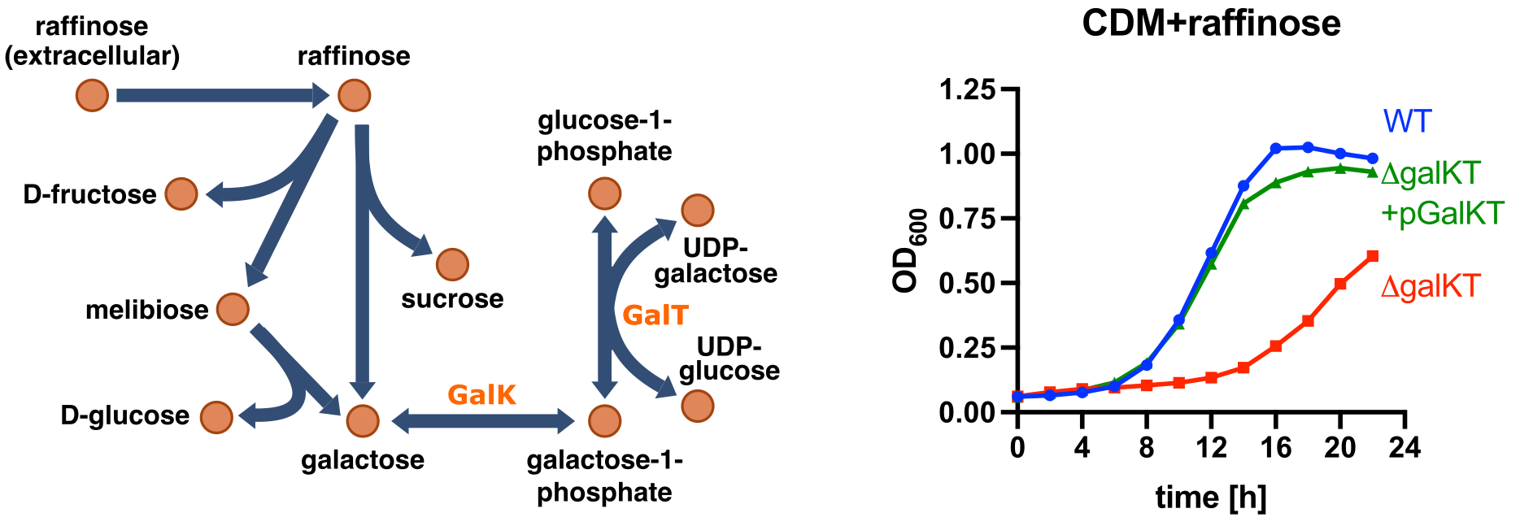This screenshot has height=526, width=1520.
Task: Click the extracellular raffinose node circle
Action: [x=92, y=95]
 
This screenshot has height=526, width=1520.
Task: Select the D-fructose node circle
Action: [x=181, y=194]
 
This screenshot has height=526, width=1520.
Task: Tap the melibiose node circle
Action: [x=233, y=310]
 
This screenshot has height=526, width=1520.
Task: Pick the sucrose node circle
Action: [x=452, y=264]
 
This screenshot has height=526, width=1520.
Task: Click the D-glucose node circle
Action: [x=216, y=417]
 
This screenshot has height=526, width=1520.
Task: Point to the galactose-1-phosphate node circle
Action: [x=604, y=420]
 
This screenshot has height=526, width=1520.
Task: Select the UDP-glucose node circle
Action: [x=697, y=406]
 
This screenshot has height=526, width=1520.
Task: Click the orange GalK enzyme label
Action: [x=481, y=395]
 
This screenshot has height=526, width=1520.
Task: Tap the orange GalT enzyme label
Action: [x=655, y=315]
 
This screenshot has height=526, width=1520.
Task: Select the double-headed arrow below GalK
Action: [x=483, y=421]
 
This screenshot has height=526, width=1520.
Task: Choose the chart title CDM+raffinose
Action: [x=1211, y=23]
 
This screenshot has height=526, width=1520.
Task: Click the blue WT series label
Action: [x=1407, y=122]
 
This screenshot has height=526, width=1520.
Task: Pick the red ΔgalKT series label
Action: [x=1431, y=286]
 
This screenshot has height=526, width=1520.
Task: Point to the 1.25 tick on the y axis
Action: [x=1008, y=89]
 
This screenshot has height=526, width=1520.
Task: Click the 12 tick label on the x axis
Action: [x=1211, y=447]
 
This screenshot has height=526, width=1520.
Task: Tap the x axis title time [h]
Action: [x=1211, y=497]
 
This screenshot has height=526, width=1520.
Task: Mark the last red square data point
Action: [x=1373, y=256]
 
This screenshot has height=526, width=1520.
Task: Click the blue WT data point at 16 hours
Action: [x=1276, y=149]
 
